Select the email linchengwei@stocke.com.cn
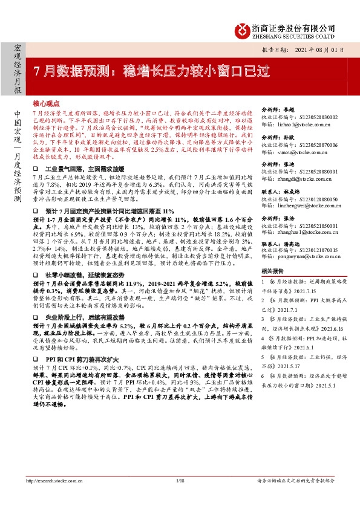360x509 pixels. click(x=301, y=206)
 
